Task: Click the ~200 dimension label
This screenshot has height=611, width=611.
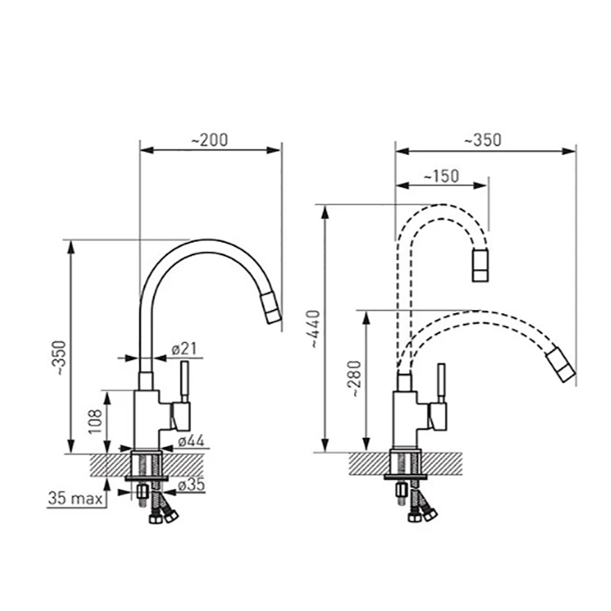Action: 210,141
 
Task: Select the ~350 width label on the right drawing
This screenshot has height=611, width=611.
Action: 483,141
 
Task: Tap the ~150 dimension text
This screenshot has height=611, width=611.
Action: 441,176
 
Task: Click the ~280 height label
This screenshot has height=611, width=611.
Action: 356,379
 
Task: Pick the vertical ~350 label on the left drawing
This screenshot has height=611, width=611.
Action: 60,358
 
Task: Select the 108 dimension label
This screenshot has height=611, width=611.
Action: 95,422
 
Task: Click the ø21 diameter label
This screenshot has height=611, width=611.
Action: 185,349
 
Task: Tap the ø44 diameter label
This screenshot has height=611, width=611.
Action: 191,441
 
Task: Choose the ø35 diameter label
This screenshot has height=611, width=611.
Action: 191,485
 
